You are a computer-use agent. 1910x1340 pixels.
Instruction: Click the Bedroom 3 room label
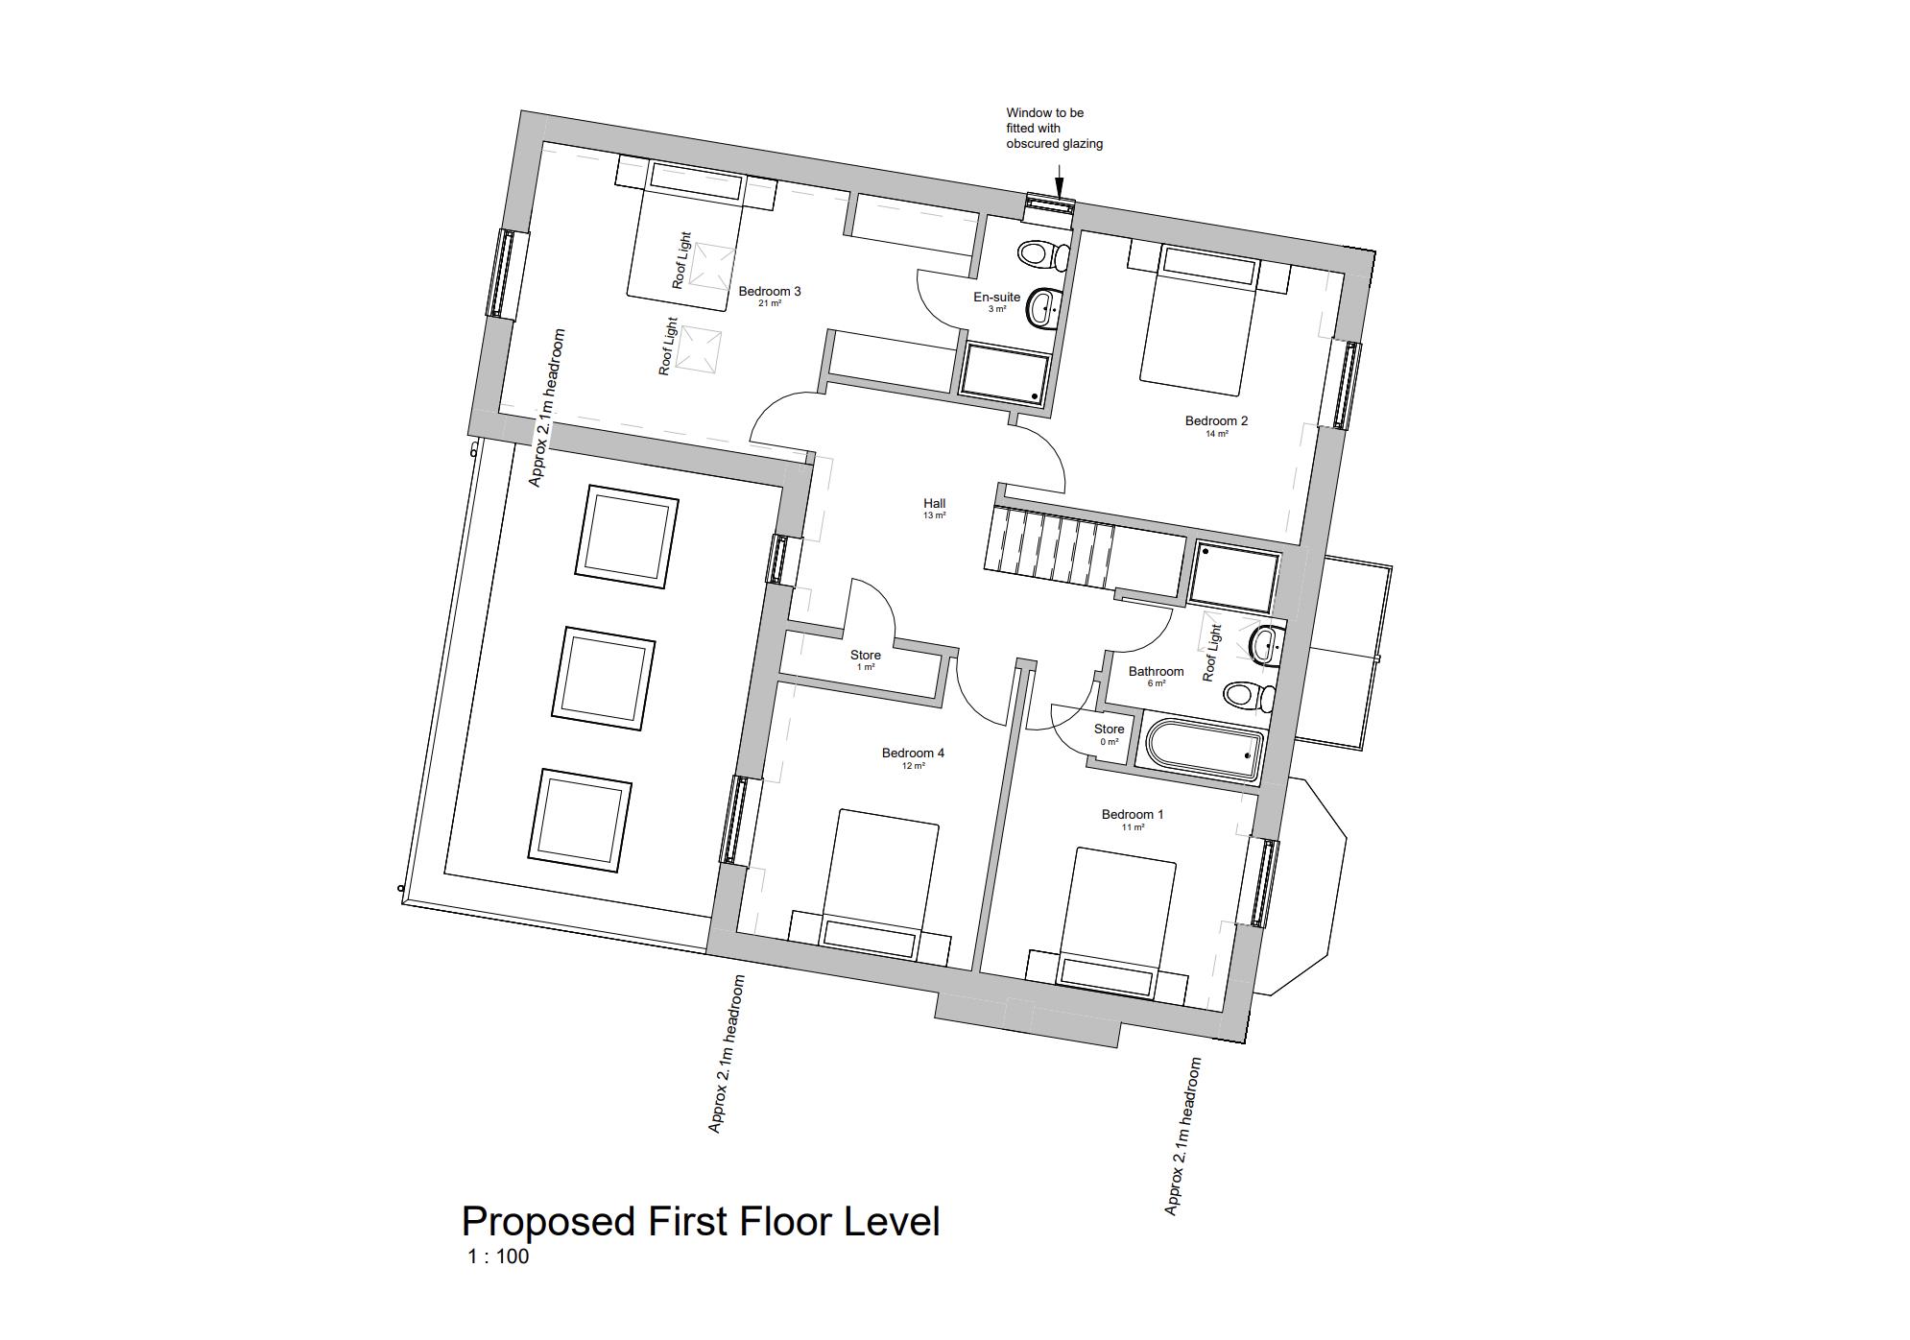click(x=769, y=292)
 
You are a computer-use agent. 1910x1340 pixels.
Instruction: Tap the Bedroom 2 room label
click(x=1216, y=421)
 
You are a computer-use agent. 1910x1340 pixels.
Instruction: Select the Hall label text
click(x=934, y=503)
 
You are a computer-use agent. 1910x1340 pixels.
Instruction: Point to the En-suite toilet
click(x=1040, y=254)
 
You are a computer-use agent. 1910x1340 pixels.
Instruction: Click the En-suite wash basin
click(x=1043, y=308)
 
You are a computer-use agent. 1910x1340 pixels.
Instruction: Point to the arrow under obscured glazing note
click(x=1059, y=182)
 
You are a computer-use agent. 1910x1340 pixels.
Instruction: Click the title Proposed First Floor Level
click(x=701, y=1222)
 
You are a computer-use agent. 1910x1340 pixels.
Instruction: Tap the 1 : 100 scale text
click(x=498, y=1256)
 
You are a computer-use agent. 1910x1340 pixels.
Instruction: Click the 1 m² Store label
click(x=865, y=656)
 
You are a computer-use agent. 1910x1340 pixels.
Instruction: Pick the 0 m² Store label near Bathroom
click(x=1109, y=730)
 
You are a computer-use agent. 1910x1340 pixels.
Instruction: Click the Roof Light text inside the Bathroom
click(x=1212, y=653)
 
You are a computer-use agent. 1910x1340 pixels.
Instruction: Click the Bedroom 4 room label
click(x=913, y=754)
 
